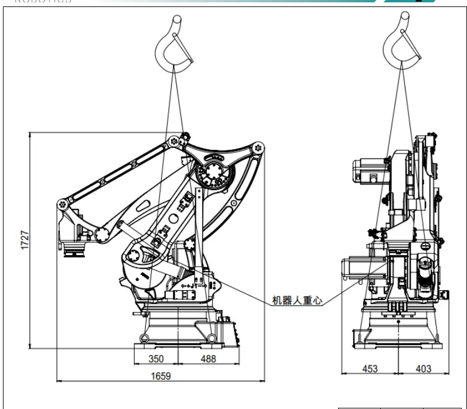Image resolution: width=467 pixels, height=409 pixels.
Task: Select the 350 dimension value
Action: pos(155,358)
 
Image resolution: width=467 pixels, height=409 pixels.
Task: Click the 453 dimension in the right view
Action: pos(370,369)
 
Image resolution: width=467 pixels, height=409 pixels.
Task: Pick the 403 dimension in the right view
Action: pos(423,369)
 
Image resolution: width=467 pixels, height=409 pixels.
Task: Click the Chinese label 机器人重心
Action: pos(297,300)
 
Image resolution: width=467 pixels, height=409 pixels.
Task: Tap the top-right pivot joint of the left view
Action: pos(258,148)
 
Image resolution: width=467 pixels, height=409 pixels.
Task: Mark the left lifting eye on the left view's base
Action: pos(145,337)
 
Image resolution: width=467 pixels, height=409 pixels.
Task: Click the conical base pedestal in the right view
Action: pos(398,334)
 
